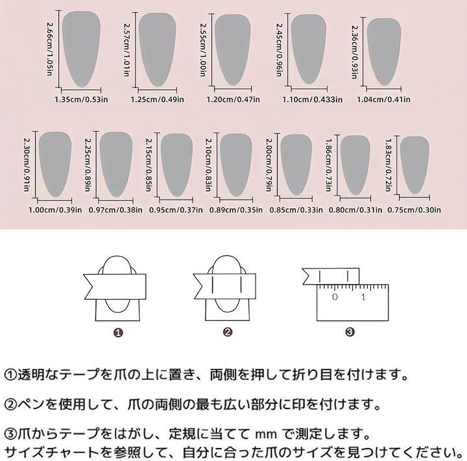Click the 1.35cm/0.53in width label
pos(81,99)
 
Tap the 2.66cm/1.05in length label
pos(51,49)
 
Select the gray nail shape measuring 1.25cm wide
pos(157,50)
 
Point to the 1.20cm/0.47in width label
pos(233,99)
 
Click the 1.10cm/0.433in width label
pos(313,99)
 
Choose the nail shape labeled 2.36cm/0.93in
pos(384,52)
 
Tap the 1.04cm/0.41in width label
pos(383,99)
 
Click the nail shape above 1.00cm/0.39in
pos(55,164)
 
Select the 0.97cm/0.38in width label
pos(115,210)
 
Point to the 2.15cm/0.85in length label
pos(149,165)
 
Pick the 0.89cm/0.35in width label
pos(236,210)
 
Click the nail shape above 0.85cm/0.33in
pos(296,165)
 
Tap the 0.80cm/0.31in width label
pos(355,210)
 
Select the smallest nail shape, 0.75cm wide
pos(414,165)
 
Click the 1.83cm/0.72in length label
pos(388,165)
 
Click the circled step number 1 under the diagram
pos(118,333)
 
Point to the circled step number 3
pos(350,332)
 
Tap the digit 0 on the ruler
pos(335,297)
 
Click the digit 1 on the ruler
pos(363,297)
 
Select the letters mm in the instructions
pos(267,434)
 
